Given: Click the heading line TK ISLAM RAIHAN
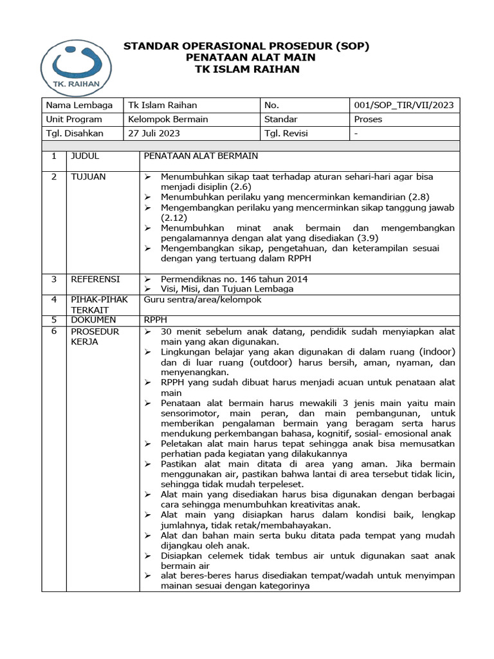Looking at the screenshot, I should (x=247, y=69).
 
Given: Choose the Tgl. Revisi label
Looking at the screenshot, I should (x=286, y=133).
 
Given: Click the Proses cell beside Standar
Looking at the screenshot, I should (x=368, y=119).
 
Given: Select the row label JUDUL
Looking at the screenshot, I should (x=85, y=156).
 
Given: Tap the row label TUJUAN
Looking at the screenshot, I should (x=88, y=176).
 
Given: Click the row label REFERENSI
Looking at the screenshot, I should (x=95, y=279).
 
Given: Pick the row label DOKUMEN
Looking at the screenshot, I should (x=93, y=319).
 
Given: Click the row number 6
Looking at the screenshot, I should (x=55, y=331).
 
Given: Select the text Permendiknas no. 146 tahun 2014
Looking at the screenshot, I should (x=234, y=279).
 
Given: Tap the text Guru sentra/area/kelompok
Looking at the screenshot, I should (x=203, y=299).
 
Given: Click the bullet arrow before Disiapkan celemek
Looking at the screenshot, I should (x=149, y=555).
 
